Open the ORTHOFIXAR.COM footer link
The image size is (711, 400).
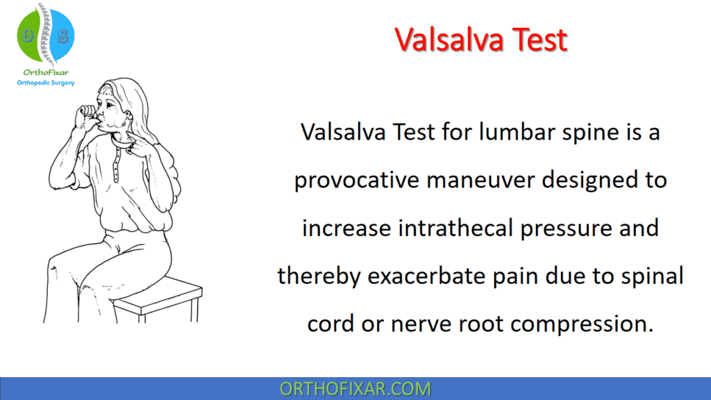click(355, 389)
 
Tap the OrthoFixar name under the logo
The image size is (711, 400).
click(45, 72)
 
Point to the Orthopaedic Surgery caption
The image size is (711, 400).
click(46, 83)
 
